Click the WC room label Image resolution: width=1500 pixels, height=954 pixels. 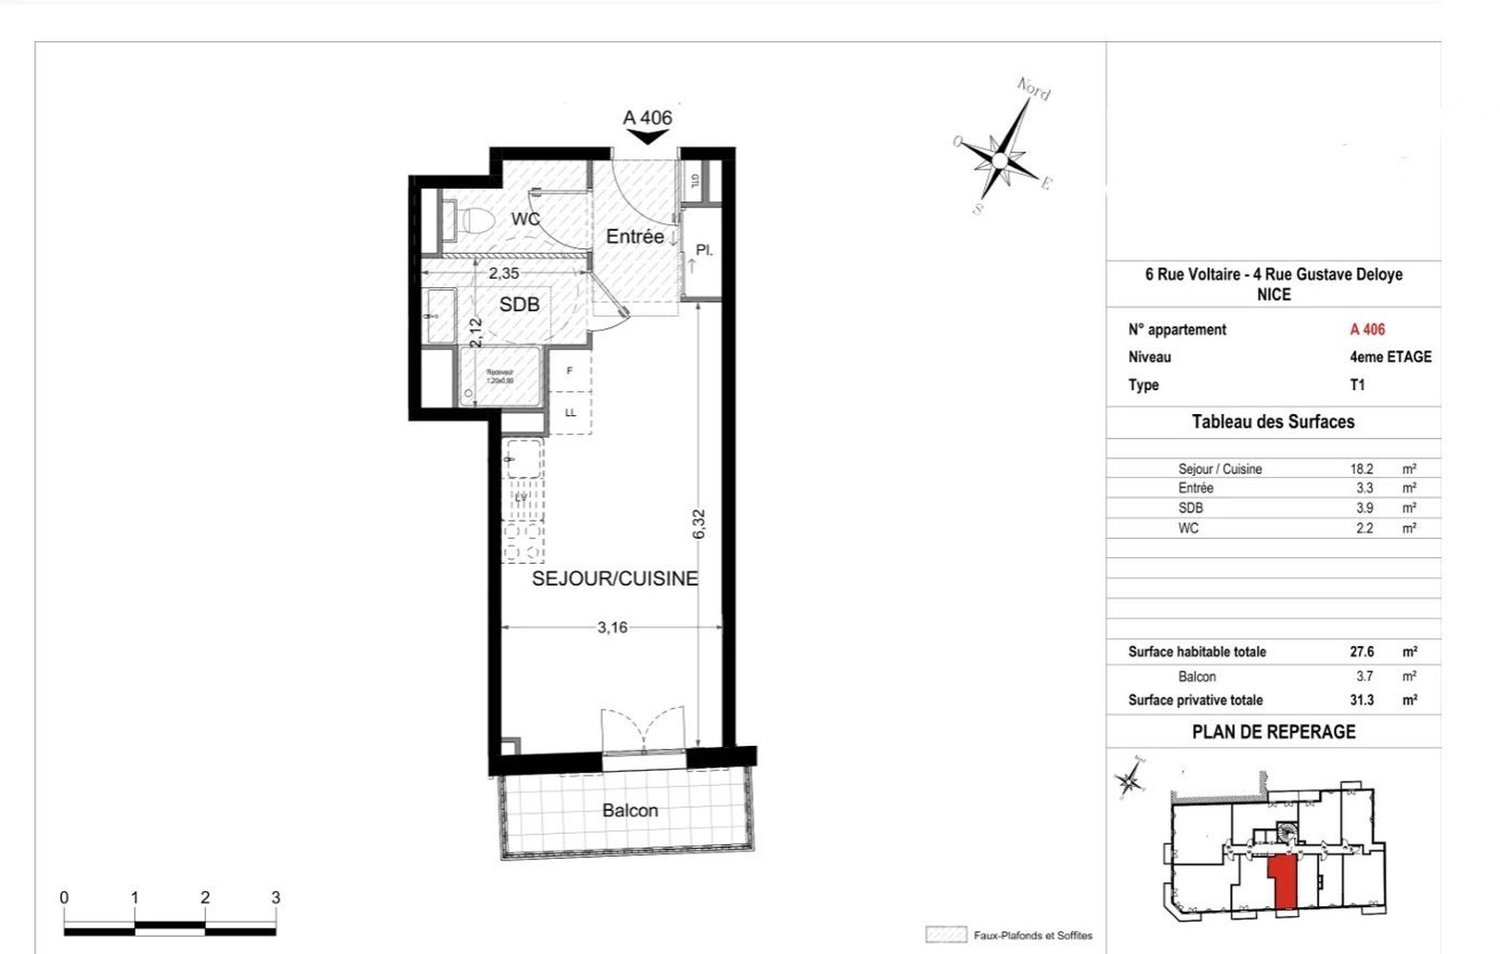(x=525, y=218)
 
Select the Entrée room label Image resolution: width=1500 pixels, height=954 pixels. (x=635, y=237)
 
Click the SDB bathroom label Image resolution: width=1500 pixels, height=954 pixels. (x=520, y=304)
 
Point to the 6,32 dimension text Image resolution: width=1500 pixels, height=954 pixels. (x=699, y=525)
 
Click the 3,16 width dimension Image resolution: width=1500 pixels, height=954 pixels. (x=612, y=627)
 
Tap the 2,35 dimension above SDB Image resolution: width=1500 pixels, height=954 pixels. (x=503, y=273)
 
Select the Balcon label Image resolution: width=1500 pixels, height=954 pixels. (x=629, y=810)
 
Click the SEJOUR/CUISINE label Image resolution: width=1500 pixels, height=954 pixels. (x=615, y=578)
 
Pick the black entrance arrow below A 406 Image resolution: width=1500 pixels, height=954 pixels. (x=648, y=137)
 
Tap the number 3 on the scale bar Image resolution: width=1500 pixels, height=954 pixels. (x=276, y=898)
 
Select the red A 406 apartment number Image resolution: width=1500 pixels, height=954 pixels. (x=1366, y=329)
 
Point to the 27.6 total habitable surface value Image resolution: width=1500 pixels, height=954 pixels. (x=1362, y=652)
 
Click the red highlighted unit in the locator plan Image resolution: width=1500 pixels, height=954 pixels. (x=1284, y=882)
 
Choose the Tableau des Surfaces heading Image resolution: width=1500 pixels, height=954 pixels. (x=1272, y=422)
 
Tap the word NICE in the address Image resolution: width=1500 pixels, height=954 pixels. (x=1273, y=295)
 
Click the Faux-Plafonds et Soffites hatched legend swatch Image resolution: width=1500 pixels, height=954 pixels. (x=945, y=935)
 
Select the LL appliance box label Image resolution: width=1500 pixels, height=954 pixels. (x=570, y=413)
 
